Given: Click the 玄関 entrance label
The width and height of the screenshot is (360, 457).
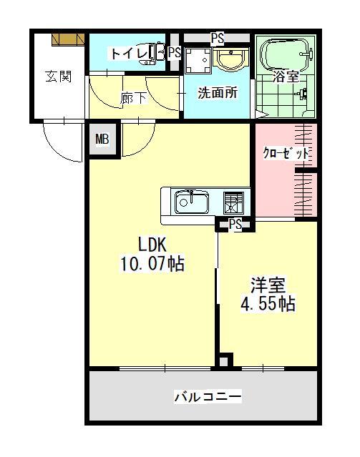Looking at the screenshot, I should click(59, 77).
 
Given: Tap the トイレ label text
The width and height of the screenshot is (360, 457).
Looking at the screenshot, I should click(127, 53).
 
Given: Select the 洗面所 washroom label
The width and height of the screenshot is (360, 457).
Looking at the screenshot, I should click(218, 92).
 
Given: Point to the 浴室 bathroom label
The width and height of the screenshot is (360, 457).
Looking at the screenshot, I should click(286, 77).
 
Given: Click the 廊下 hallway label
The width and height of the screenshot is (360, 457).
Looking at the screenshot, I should click(134, 98).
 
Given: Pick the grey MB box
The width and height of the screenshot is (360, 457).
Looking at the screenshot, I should click(102, 139).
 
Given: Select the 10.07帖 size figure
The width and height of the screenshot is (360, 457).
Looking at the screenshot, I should click(152, 264).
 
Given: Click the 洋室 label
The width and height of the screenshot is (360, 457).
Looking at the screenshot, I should click(268, 285).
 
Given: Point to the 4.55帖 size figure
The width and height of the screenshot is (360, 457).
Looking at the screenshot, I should click(268, 303).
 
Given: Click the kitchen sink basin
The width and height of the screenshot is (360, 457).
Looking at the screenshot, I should click(192, 203).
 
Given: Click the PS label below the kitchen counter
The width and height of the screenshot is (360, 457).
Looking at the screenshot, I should click(235, 224).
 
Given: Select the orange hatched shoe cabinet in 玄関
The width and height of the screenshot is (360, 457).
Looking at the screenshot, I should click(69, 39).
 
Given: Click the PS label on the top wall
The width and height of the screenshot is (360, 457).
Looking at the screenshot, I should click(218, 36).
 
